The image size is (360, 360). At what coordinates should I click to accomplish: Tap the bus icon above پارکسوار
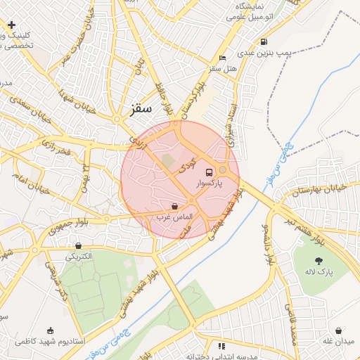209,172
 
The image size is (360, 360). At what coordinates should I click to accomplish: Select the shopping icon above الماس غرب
174,206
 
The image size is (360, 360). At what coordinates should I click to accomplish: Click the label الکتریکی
78,257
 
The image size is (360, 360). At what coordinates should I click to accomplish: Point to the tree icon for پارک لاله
319,261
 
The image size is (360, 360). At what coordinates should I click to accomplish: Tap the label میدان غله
339,341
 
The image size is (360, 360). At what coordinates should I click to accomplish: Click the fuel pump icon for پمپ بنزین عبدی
264,41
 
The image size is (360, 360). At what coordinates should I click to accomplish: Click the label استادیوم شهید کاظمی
50,341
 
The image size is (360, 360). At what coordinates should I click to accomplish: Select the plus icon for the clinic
11,25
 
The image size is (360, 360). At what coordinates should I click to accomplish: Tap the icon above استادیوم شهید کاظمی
49,330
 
